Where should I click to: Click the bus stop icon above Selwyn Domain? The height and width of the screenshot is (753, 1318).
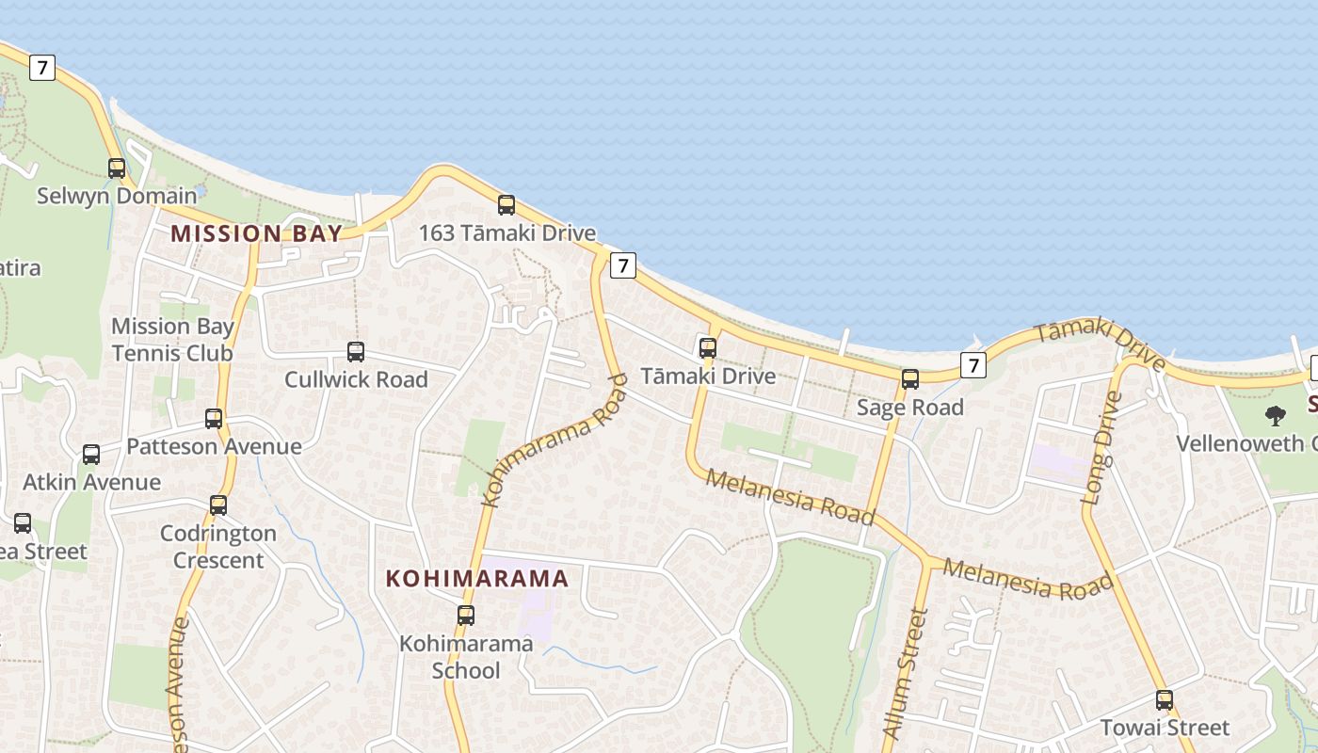coord(117,168)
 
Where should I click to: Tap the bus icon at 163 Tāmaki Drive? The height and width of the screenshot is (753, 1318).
coord(506,205)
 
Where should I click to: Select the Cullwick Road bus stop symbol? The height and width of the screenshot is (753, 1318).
coord(356,352)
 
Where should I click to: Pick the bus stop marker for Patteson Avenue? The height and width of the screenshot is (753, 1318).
coord(214,419)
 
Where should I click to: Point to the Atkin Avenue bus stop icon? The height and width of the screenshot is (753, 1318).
coord(91,455)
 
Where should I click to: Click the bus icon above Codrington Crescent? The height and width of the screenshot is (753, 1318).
coord(218,505)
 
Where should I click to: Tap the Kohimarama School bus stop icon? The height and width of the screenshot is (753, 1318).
coord(466,616)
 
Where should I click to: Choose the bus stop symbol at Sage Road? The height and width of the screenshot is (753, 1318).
coord(910,379)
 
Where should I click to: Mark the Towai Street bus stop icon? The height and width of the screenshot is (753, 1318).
coord(1165,700)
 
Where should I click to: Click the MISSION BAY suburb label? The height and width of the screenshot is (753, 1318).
coord(256,234)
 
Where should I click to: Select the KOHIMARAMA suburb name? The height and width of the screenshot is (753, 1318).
coord(477,579)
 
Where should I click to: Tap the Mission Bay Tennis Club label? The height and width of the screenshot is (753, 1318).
coord(172,340)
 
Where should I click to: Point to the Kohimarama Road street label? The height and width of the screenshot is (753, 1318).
coord(555,440)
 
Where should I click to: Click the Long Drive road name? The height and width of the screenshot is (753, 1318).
coord(1102,448)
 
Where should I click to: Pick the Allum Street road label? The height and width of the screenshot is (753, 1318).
coord(906,672)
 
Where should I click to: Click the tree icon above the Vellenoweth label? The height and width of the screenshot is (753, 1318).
coord(1276,415)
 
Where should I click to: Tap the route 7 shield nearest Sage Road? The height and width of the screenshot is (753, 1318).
coord(973,365)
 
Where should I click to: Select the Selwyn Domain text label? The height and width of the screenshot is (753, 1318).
coord(117,196)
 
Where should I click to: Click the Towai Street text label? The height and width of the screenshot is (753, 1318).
coord(1165,728)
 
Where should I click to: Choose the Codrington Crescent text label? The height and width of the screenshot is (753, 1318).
coord(218,547)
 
